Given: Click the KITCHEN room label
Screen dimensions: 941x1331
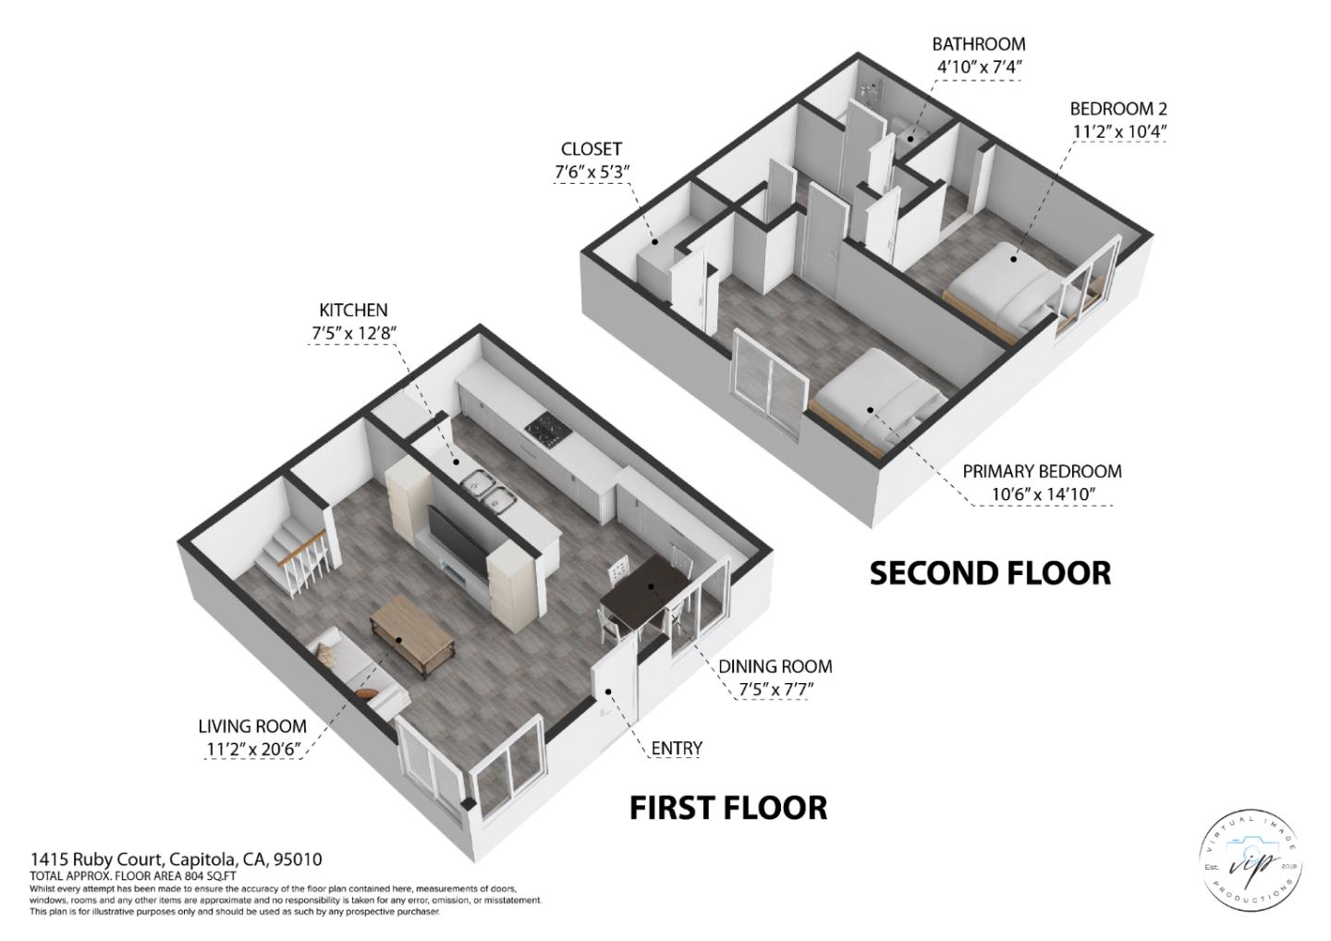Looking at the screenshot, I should coord(353,311).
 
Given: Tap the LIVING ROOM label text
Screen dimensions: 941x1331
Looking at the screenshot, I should coord(252,727).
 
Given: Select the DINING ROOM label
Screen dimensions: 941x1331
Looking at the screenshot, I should coord(775,666).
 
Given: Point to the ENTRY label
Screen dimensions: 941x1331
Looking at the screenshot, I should coord(677,748).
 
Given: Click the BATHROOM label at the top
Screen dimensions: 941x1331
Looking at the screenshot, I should coord(978,44).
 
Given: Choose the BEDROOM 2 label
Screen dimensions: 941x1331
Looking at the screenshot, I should coord(1118,109).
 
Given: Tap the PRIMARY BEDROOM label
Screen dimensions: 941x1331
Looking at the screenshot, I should coord(1042,471).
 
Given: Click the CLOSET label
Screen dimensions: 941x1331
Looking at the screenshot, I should coord(591,149).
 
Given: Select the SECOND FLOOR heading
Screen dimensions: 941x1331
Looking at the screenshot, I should coord(990,573).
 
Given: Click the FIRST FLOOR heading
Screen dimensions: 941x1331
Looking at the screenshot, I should coord(728,807).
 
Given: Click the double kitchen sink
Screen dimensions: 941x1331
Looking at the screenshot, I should coord(488,490).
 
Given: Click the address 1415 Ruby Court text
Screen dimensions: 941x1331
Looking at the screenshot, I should coord(176,860).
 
